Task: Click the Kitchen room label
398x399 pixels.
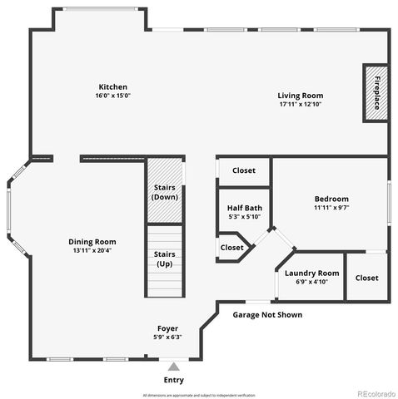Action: (x=112, y=86)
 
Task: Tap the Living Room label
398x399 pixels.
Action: (x=300, y=96)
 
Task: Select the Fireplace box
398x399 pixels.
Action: (x=376, y=92)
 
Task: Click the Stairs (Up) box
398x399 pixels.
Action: (x=164, y=259)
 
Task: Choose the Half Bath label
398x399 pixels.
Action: (x=244, y=208)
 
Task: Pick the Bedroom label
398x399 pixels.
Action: (x=331, y=199)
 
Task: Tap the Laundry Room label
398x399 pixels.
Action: (x=311, y=273)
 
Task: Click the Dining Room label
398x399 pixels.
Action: (x=92, y=242)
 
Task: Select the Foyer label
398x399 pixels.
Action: (x=169, y=328)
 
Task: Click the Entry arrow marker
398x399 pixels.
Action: (x=173, y=366)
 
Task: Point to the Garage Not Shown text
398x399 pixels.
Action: (x=266, y=315)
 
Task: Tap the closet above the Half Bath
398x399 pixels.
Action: (x=243, y=170)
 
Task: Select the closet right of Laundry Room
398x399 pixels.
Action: (x=366, y=278)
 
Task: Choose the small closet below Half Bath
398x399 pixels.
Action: (x=231, y=248)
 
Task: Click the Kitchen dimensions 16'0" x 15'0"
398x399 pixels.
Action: (x=113, y=96)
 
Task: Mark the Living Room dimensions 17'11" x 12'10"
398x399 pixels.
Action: (x=300, y=105)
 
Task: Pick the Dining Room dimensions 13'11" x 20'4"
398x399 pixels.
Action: (x=92, y=250)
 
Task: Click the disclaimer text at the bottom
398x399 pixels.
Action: (x=198, y=395)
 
